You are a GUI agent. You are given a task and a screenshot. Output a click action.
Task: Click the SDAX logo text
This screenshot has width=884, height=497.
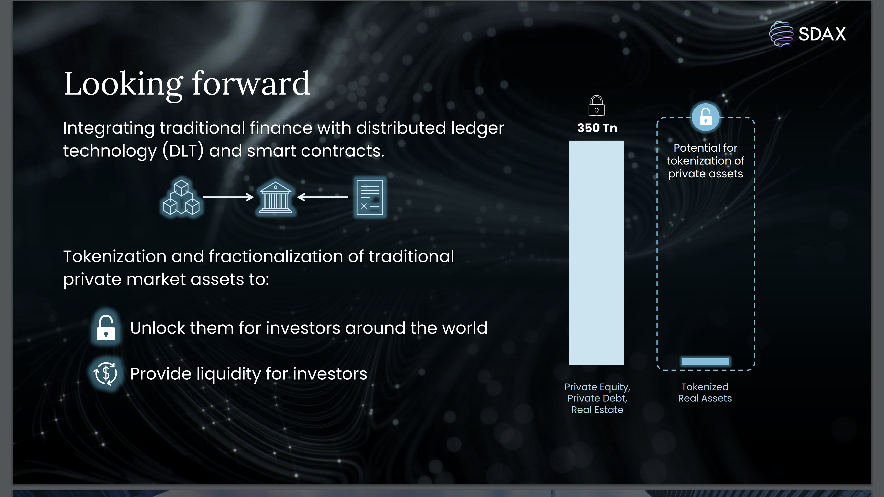(x=822, y=34)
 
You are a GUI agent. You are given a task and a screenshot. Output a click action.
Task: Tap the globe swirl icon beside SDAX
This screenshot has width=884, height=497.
(x=781, y=34)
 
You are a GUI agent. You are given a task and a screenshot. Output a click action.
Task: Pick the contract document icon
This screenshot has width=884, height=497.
(x=370, y=197)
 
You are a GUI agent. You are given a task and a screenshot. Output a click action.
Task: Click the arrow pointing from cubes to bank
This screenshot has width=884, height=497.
(x=228, y=197)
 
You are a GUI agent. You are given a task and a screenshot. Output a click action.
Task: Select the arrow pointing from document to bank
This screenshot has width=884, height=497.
(x=323, y=197)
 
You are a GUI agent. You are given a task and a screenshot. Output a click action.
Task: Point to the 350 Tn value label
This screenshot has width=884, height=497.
(x=597, y=128)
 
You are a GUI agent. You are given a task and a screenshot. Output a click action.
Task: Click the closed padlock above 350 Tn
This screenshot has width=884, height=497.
(x=596, y=105)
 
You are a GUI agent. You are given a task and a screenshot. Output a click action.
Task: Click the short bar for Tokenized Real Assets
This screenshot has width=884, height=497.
(x=706, y=361)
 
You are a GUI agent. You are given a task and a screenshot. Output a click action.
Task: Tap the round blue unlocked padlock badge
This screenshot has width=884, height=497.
(x=706, y=117)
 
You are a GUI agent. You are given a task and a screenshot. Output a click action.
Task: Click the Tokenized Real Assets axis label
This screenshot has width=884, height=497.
(x=705, y=392)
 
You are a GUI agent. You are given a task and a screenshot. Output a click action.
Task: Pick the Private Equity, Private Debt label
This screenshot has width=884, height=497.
(x=597, y=392)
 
